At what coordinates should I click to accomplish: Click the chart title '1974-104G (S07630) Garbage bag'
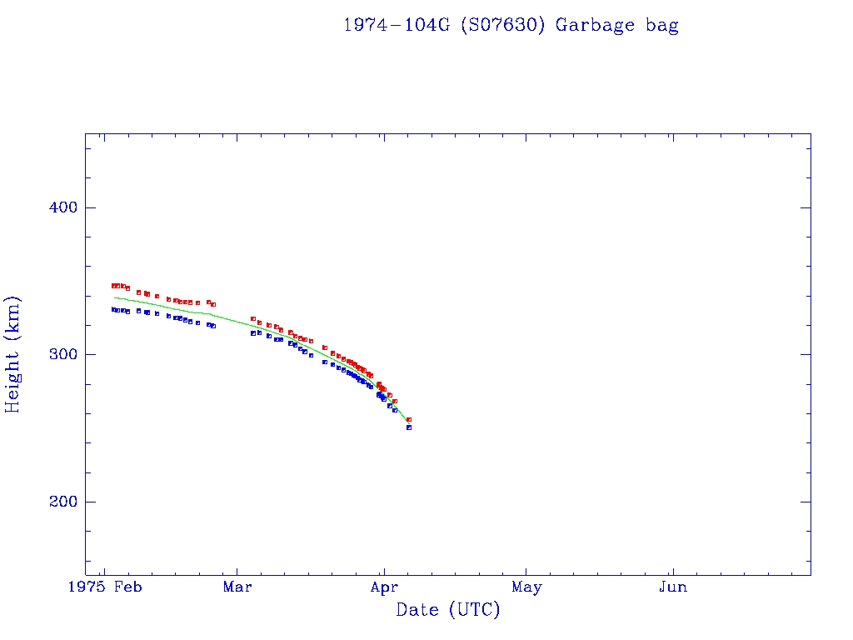pos(511,25)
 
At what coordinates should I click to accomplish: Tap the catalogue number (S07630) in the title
pos(503,25)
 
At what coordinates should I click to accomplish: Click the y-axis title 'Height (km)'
pos(13,354)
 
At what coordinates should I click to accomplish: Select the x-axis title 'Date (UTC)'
pos(448,611)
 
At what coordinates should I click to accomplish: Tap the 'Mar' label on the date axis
pos(238,587)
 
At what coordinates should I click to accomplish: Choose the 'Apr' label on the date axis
pos(382,587)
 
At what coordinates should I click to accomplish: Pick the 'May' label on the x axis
pos(526,587)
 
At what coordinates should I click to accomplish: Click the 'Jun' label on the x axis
pos(672,587)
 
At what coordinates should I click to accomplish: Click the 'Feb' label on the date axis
pos(128,587)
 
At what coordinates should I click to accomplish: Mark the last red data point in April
pos(409,419)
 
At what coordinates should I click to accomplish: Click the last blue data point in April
pos(409,427)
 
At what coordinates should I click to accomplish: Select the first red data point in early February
pos(114,286)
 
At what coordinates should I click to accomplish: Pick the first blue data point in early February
pos(114,309)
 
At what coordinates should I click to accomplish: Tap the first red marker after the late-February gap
pos(252,318)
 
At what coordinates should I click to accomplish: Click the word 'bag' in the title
pos(662,25)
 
